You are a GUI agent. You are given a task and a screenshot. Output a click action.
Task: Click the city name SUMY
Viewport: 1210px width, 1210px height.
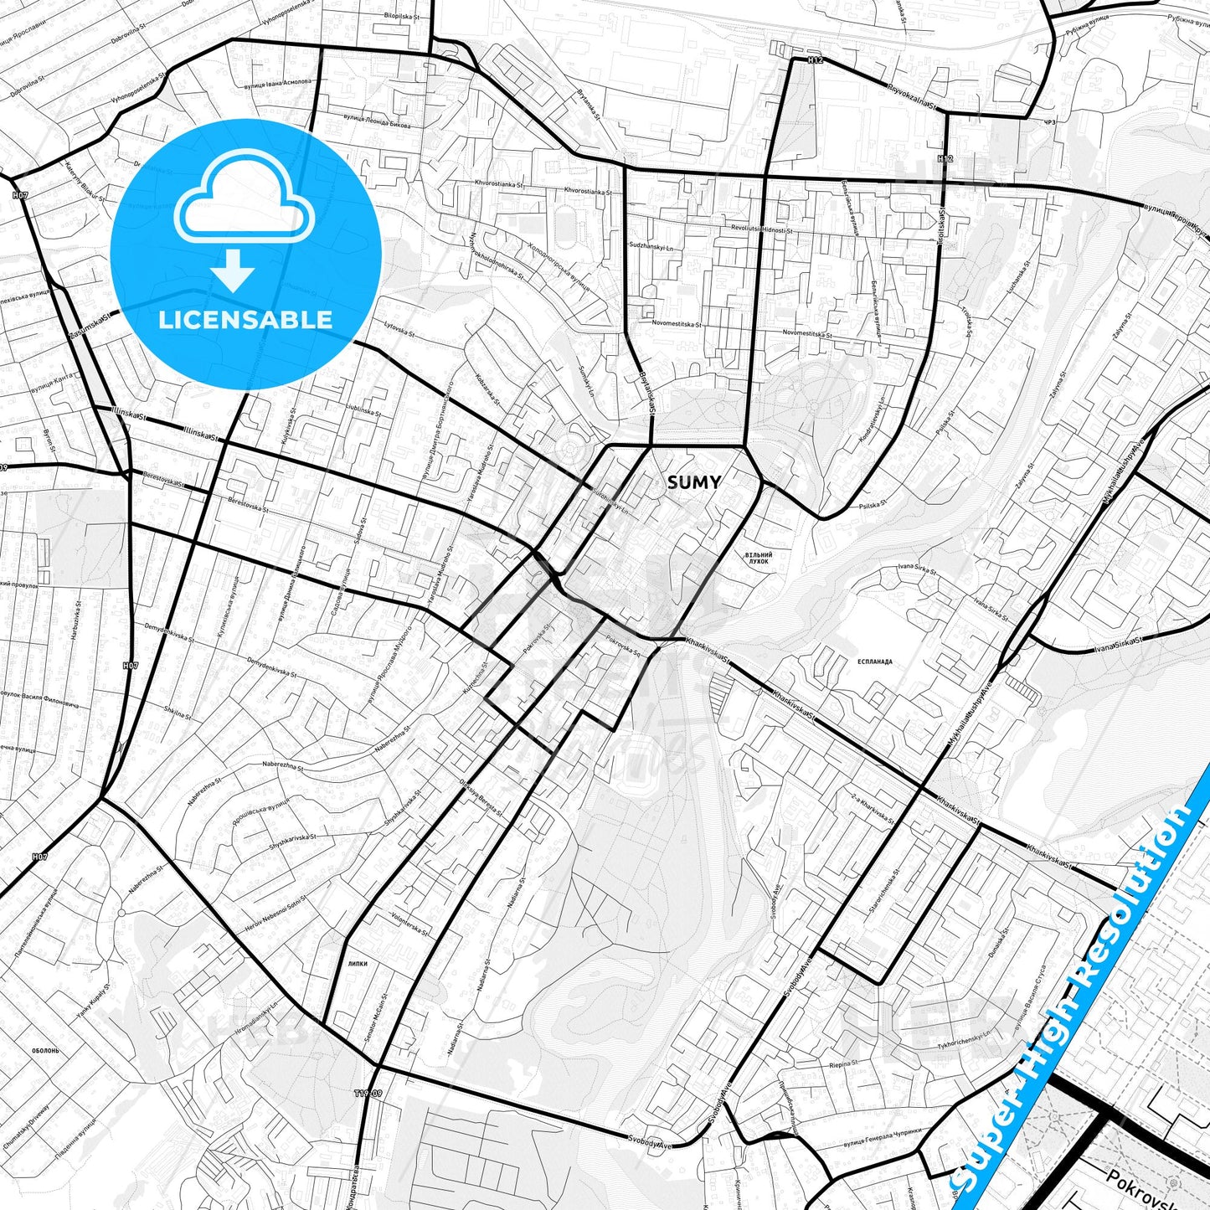(693, 482)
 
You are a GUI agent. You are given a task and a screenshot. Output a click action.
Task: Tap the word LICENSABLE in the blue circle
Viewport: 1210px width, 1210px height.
(245, 319)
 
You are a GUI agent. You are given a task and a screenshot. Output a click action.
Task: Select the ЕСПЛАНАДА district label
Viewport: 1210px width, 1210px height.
(874, 662)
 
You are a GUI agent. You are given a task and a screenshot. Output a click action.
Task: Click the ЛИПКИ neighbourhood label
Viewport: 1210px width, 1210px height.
(358, 964)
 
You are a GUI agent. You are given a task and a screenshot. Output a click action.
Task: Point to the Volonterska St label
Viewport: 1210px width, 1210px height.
(409, 924)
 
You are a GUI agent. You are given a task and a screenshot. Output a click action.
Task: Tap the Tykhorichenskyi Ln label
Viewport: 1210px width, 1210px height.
(963, 1039)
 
